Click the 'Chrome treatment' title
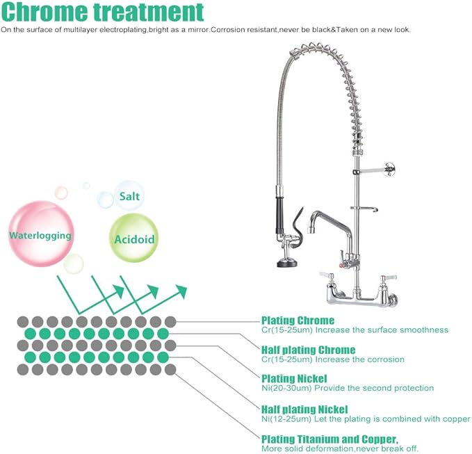click(x=103, y=13)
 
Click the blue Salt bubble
click(x=129, y=196)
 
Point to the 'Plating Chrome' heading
click(x=298, y=321)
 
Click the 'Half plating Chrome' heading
click(x=308, y=350)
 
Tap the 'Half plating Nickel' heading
click(x=304, y=410)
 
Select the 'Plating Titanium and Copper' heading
click(x=329, y=439)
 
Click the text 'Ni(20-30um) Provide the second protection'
click(x=348, y=388)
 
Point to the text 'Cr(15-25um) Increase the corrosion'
click(x=333, y=359)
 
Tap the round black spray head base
click(x=286, y=263)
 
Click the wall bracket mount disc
click(x=392, y=166)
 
